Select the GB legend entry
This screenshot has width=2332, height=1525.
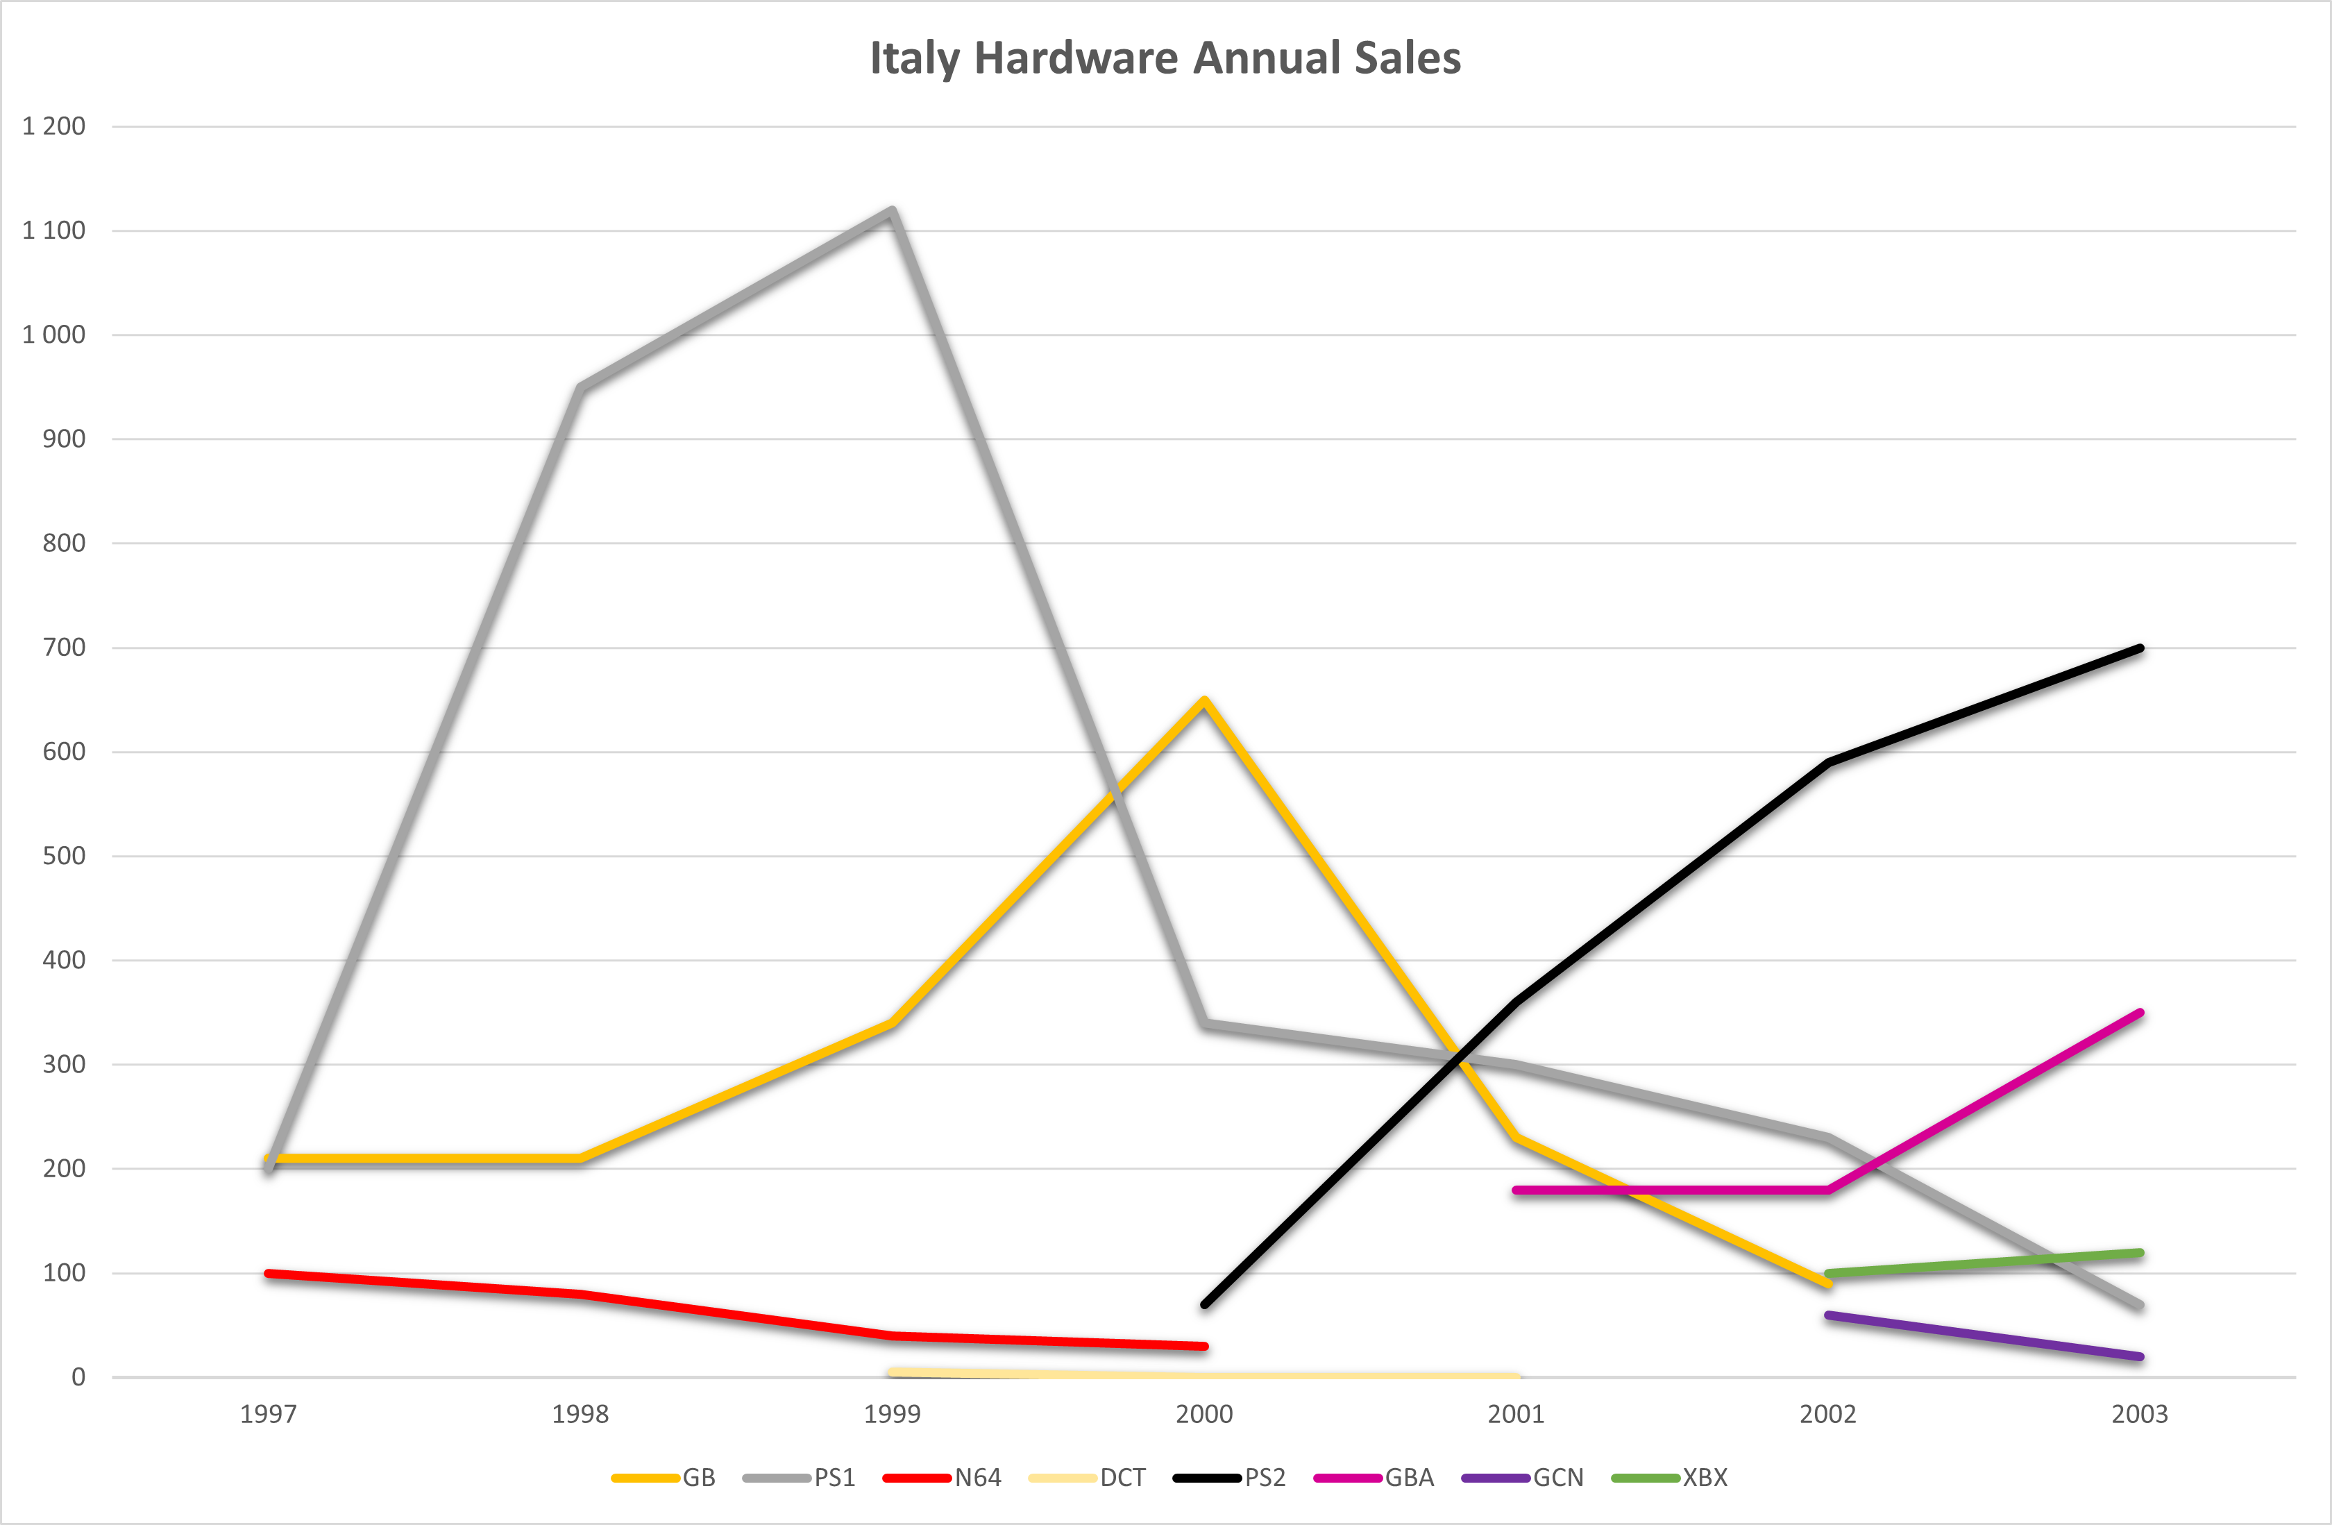pos(664,1478)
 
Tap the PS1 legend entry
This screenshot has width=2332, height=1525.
pos(799,1478)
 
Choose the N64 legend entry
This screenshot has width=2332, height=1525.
pos(942,1478)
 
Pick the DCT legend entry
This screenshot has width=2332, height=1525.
pos(1087,1478)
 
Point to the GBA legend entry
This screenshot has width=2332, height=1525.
pos(1374,1478)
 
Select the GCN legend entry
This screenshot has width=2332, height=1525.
pos(1521,1478)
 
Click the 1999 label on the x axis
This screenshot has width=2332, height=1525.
pos(892,1414)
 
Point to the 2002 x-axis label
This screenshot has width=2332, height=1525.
pos(1827,1414)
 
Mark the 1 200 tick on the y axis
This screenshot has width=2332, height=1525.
pos(54,126)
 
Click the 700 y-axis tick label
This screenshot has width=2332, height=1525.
pos(64,648)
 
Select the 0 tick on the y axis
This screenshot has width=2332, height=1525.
pos(78,1377)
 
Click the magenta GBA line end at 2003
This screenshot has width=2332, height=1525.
pos(2140,1013)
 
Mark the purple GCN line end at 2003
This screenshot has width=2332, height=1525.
pos(2140,1356)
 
